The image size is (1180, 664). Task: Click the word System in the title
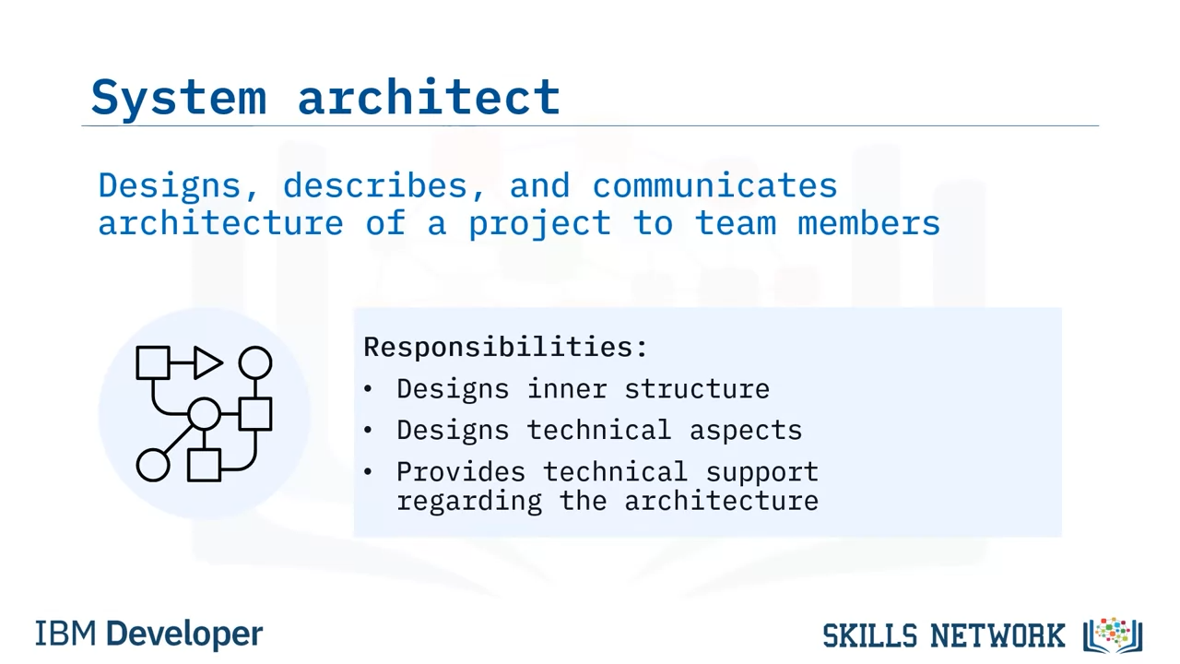coord(179,98)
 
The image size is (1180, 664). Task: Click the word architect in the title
coord(429,96)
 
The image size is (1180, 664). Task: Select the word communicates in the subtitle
coord(714,185)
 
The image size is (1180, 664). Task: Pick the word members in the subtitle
coord(868,223)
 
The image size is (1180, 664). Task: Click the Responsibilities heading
coord(505,348)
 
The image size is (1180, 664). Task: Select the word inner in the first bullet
coord(567,389)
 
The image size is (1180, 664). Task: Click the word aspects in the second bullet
coord(746,431)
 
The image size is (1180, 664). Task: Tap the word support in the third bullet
coord(762,472)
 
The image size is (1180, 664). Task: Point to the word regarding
coord(469,501)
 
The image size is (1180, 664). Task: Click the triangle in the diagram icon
coord(208,362)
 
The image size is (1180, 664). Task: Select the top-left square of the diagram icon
coord(153,362)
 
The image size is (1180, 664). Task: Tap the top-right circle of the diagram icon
coord(255,362)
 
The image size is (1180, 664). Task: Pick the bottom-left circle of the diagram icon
coord(153,466)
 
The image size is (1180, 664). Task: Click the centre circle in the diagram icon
coord(205,414)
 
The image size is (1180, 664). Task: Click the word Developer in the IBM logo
coord(184,634)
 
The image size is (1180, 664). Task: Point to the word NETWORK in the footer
coord(997,635)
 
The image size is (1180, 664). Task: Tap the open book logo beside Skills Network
coord(1113,635)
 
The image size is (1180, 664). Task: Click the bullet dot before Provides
coord(368,471)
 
